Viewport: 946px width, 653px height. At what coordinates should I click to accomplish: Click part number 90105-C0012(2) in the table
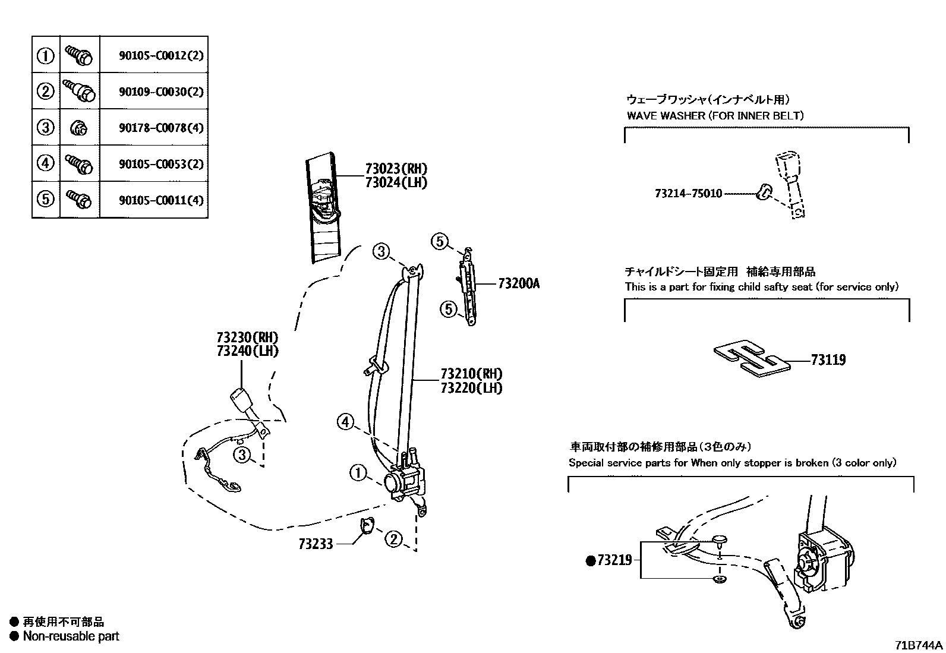(x=160, y=56)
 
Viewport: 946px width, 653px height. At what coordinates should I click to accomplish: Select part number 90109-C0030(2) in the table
(x=160, y=92)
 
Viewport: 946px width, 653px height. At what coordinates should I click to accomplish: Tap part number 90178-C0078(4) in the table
(x=160, y=128)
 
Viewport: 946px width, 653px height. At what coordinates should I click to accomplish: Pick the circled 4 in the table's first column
(x=46, y=163)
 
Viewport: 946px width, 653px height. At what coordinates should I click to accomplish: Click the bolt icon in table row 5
(x=79, y=199)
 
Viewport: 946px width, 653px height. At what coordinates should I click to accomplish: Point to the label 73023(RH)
(x=396, y=169)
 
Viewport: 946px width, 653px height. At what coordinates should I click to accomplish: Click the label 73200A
(x=518, y=284)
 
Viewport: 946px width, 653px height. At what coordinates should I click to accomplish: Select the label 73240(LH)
(x=247, y=351)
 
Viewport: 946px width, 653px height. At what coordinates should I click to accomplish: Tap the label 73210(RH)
(x=471, y=374)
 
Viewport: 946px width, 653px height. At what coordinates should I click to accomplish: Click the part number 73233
(x=316, y=543)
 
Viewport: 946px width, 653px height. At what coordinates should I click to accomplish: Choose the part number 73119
(x=828, y=359)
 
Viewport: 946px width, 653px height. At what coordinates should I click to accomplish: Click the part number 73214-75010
(x=688, y=194)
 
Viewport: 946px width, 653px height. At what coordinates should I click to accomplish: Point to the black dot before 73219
(x=591, y=560)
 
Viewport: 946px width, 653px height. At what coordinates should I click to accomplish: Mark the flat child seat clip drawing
(x=752, y=359)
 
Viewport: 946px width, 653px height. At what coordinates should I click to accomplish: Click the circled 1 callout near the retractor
(x=358, y=474)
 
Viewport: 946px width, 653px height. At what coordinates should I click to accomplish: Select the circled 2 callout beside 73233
(x=393, y=540)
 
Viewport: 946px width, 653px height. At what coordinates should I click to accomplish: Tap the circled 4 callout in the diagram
(x=345, y=422)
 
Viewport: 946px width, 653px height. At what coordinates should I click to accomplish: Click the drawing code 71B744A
(x=919, y=645)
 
